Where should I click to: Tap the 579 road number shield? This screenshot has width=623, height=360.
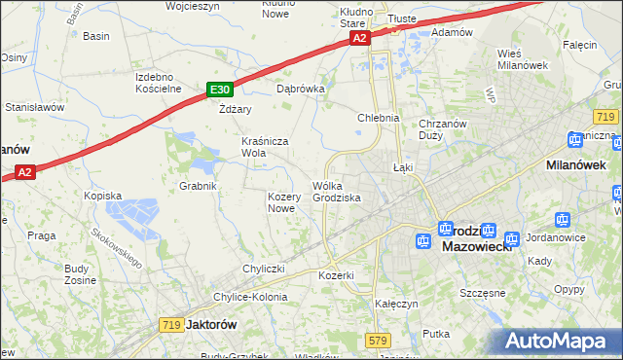[x=379, y=340]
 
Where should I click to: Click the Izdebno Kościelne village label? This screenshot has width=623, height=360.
[x=160, y=83]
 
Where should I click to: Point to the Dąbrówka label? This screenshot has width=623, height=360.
[x=300, y=88]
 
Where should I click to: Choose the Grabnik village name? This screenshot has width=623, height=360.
[x=198, y=185]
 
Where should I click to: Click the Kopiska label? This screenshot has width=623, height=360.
[x=102, y=196]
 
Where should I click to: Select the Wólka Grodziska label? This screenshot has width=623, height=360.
[x=337, y=192]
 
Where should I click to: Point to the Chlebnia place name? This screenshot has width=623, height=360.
[x=379, y=118]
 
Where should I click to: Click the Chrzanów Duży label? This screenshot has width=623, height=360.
[x=445, y=129]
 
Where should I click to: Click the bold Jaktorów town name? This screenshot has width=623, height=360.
[x=211, y=325]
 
